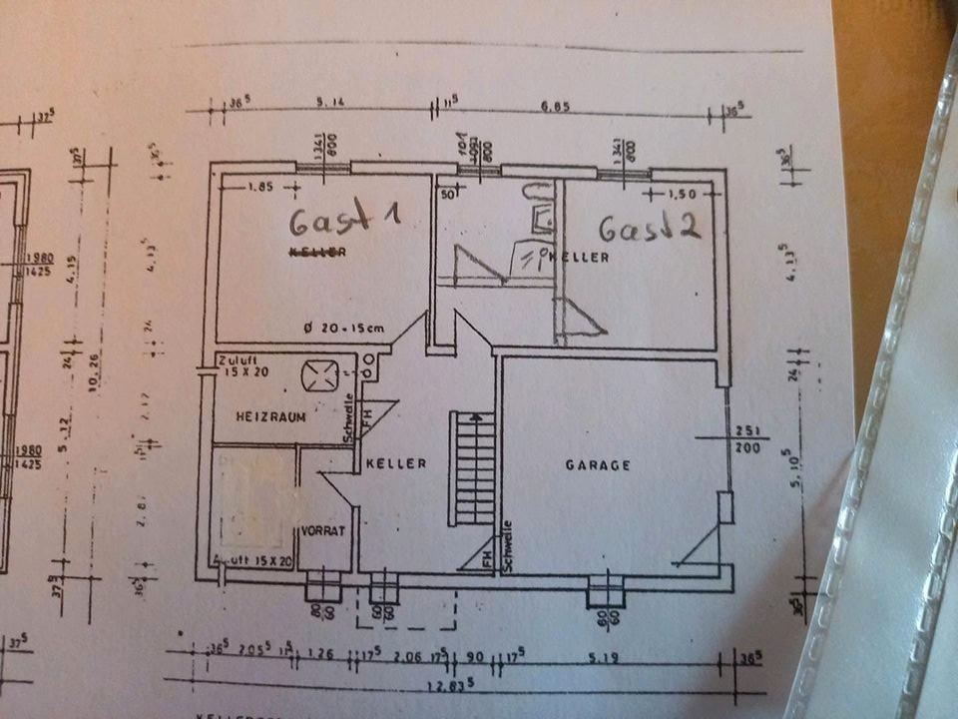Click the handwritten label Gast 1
coord(344,217)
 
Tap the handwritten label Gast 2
coord(649,228)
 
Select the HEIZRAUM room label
coord(269,414)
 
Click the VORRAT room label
coord(323,531)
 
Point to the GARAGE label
coord(598,465)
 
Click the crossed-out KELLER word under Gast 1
coord(317,252)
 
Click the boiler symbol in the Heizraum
coord(320,376)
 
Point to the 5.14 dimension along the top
coord(330,102)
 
